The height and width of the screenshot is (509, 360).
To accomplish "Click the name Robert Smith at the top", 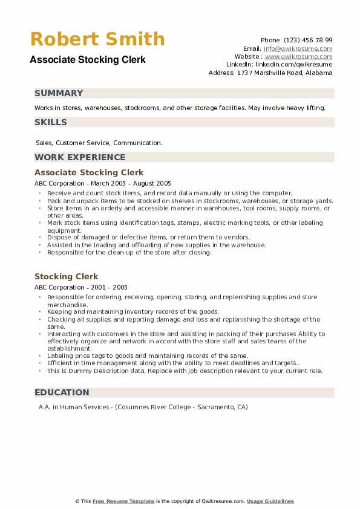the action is coord(97,39).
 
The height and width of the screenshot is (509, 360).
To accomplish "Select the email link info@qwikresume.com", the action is coord(298,48).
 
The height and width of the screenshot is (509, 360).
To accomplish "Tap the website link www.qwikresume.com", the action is coord(298,56).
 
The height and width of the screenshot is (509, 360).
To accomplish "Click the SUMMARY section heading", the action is coord(59,93).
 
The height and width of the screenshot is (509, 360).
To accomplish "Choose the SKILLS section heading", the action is coord(51,122).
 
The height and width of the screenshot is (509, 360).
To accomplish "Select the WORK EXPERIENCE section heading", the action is coord(80,157).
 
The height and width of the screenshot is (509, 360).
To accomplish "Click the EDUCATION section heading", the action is coord(62,392).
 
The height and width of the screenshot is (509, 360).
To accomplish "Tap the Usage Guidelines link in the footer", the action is coord(270,501).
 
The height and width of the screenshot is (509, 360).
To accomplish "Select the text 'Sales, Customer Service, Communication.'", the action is coord(99,143).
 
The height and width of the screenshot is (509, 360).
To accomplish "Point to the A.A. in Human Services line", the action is coord(143,407).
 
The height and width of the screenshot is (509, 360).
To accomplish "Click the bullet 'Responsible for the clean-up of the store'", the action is coord(129,253).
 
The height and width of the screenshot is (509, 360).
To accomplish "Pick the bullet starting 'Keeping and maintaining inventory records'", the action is coord(133,312).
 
